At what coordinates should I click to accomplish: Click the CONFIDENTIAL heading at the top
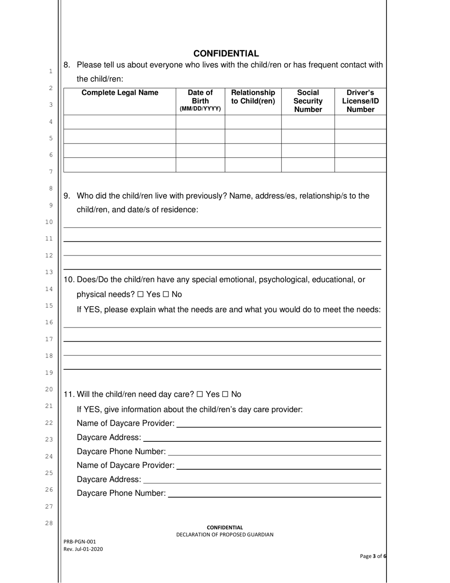point(226,54)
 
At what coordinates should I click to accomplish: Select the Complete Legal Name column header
point(120,93)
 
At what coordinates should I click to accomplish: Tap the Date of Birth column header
point(200,100)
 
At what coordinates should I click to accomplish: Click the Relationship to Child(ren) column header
point(253,97)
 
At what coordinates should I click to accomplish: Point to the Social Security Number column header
point(308,101)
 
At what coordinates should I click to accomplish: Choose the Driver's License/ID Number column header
point(360,101)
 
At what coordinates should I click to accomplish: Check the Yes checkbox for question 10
point(141,295)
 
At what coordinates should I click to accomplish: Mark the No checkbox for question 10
point(166,295)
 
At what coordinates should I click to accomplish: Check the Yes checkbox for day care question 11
point(200,394)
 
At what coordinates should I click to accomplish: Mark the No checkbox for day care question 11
point(225,394)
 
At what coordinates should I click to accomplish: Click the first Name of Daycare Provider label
point(126,423)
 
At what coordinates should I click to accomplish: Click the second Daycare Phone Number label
point(121,493)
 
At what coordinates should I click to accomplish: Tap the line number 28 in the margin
point(49,523)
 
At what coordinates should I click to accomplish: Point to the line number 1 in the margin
point(50,72)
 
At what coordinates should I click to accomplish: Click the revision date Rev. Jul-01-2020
point(83,549)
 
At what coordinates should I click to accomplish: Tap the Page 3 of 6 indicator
point(373,556)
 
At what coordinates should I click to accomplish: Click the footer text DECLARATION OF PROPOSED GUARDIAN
point(225,535)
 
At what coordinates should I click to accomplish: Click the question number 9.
point(67,196)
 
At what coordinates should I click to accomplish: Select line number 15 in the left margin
point(49,306)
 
